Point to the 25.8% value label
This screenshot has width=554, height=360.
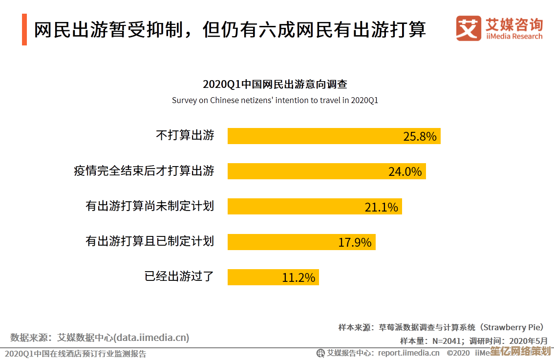[420, 136]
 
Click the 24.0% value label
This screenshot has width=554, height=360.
[405, 171]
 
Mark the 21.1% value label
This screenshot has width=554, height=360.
[382, 207]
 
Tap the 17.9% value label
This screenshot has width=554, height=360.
[355, 242]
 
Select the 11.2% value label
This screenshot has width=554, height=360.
[298, 277]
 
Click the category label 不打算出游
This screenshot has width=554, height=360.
[185, 135]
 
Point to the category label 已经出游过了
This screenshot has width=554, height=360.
[179, 276]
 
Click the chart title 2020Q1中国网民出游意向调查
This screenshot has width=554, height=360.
[275, 84]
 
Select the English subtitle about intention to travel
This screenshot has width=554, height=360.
[275, 101]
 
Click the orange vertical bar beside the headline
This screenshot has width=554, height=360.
[24, 30]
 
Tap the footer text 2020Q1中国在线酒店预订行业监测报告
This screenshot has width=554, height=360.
[75, 354]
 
